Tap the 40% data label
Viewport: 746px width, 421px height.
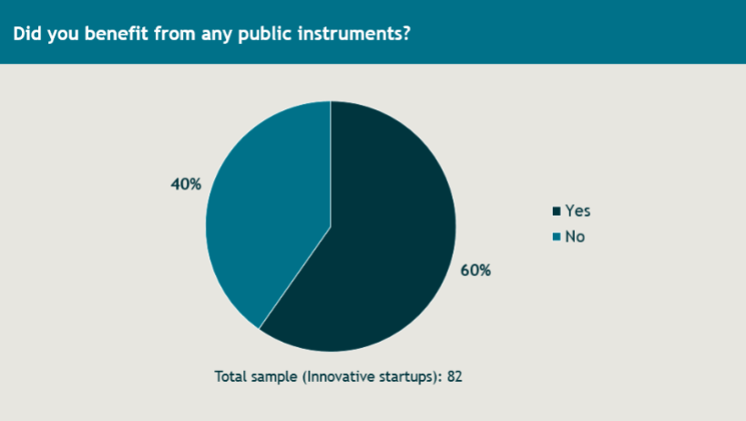pyautogui.click(x=186, y=184)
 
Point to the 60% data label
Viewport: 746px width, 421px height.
pyautogui.click(x=475, y=271)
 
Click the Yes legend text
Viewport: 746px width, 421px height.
pyautogui.click(x=577, y=210)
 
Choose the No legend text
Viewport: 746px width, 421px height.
pyautogui.click(x=575, y=236)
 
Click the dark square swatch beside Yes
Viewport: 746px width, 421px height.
pyautogui.click(x=557, y=211)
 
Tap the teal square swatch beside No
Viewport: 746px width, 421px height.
pyautogui.click(x=557, y=237)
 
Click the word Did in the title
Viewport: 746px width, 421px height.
pyautogui.click(x=27, y=34)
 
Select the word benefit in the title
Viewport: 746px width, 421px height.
pyautogui.click(x=116, y=34)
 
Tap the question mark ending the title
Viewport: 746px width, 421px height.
pyautogui.click(x=406, y=34)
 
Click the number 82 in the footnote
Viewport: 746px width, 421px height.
pyautogui.click(x=455, y=376)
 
